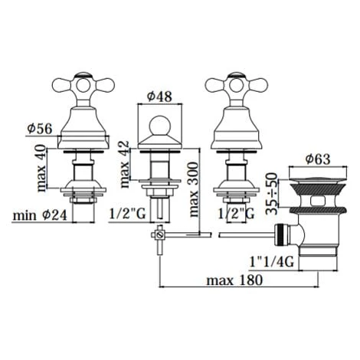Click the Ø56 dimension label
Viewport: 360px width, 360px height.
tap(40, 129)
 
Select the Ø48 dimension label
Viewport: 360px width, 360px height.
tap(160, 97)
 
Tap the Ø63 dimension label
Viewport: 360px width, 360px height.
tap(318, 159)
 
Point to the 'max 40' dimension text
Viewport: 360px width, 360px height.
tap(41, 168)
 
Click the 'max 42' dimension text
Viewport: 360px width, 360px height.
tap(125, 164)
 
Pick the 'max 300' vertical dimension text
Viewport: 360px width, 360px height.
tap(194, 189)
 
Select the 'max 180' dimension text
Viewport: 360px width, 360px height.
tap(234, 280)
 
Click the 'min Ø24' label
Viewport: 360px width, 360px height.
tap(40, 215)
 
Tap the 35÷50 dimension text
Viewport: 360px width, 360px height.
tap(271, 193)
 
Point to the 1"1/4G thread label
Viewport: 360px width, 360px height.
tap(272, 262)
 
